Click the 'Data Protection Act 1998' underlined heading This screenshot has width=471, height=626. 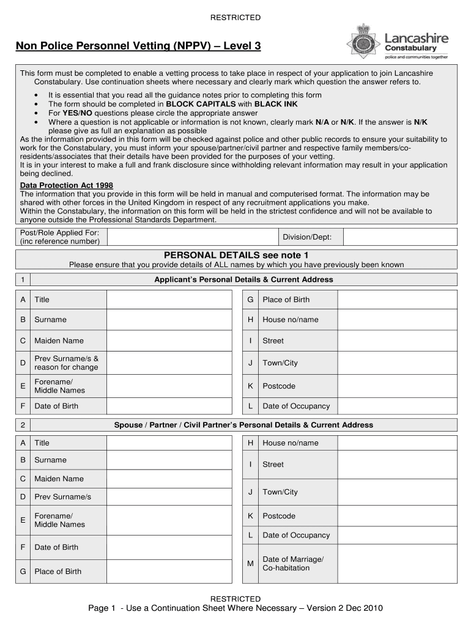[x=67, y=185]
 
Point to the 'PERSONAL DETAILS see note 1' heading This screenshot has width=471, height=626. [x=236, y=255]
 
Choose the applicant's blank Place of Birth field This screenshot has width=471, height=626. [x=398, y=300]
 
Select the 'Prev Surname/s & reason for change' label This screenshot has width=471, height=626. [x=66, y=363]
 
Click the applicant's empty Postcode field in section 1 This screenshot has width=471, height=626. [x=398, y=386]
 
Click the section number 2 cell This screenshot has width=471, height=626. [x=22, y=425]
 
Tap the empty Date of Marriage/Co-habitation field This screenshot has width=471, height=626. [x=398, y=564]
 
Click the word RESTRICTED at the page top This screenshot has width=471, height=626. [x=236, y=18]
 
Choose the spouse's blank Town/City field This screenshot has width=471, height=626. [x=398, y=492]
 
